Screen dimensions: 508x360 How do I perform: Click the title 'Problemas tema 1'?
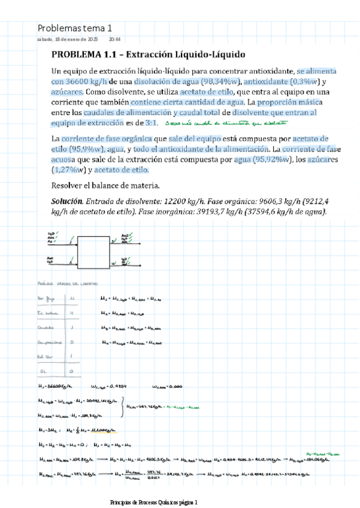point(74,28)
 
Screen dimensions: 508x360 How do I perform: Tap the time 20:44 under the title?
point(115,39)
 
